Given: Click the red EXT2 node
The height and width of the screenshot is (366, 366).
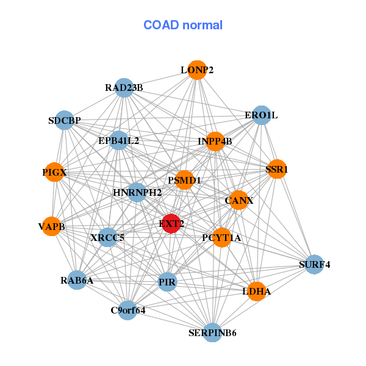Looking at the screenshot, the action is [171, 223].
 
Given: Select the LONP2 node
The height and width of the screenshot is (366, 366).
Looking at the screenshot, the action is [197, 70].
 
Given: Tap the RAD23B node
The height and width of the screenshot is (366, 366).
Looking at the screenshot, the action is [124, 88].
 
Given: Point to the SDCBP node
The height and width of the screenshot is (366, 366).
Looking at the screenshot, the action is [65, 120].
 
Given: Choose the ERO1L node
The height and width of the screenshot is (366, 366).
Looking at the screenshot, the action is [262, 115].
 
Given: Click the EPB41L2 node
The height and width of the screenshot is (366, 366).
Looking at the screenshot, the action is [119, 140].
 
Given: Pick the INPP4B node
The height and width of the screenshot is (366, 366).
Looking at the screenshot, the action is [215, 142].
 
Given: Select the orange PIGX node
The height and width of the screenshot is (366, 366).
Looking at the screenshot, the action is [54, 172].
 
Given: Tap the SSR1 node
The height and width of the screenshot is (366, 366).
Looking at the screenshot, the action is [277, 169].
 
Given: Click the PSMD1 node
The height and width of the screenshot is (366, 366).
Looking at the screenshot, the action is [184, 180].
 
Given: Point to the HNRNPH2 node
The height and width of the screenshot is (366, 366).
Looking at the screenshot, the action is [137, 192].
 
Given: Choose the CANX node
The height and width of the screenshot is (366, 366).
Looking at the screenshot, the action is [239, 200].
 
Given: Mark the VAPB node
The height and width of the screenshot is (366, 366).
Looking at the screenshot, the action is [52, 226].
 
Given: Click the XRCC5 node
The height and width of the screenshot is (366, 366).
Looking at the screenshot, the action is [107, 237].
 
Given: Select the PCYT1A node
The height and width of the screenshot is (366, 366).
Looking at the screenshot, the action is [222, 237].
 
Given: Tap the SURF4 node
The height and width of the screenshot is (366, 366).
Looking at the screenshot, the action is [314, 265].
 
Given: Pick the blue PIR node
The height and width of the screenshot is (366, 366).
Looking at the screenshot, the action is [167, 282].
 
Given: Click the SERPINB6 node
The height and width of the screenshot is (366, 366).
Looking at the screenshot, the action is [212, 332].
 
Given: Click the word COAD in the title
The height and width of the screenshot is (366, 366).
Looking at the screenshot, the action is [161, 25].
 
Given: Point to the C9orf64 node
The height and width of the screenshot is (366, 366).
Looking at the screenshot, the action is [127, 310].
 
